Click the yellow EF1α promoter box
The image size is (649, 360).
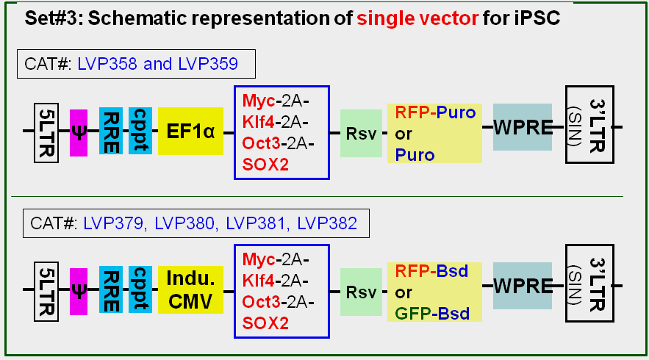(190, 132)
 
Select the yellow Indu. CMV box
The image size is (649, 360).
(190, 291)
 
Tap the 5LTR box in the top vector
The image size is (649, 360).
(45, 131)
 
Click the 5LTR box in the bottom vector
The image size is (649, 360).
(45, 290)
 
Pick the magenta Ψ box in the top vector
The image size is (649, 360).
(79, 132)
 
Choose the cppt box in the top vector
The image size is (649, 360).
(140, 131)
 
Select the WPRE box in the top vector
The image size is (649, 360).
(522, 127)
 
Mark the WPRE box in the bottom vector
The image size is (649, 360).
(522, 286)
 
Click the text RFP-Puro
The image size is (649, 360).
(435, 113)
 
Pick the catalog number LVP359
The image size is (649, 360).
(208, 65)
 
